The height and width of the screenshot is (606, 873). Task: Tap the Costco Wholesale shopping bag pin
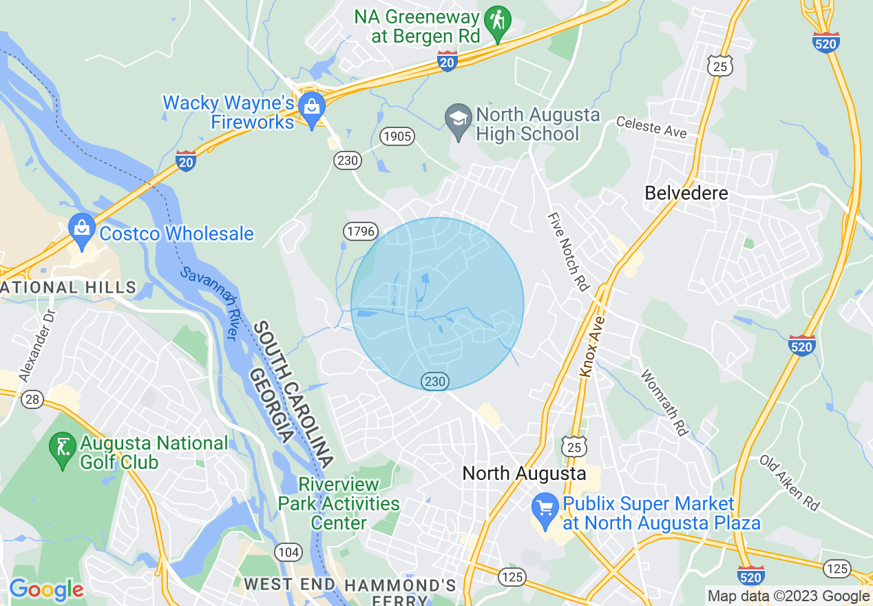point(82,231)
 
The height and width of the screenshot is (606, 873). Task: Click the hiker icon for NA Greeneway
point(496,21)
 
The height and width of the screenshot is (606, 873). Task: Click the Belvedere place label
point(686,194)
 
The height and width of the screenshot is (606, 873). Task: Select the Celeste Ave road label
point(651,126)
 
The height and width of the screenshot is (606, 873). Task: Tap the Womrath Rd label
point(664,403)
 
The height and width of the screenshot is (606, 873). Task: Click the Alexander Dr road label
point(38,344)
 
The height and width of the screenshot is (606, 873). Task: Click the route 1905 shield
point(397,136)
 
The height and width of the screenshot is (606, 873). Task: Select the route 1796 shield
point(361,231)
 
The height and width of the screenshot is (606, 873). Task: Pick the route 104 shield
point(288,552)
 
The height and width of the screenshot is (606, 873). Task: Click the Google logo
point(46,589)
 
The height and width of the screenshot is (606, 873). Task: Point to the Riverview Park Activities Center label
point(338,503)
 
